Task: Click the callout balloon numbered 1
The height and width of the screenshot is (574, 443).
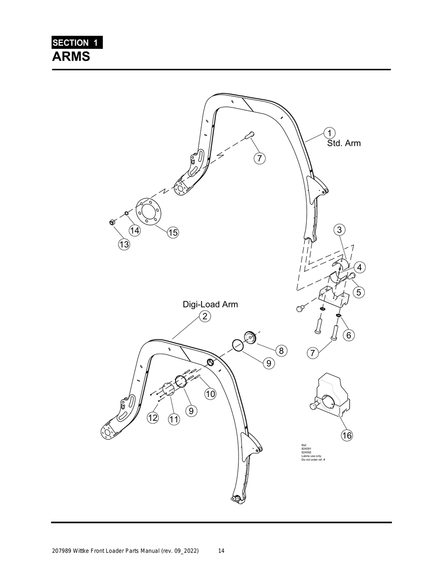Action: click(330, 132)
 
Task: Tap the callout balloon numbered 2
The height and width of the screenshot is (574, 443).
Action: click(205, 316)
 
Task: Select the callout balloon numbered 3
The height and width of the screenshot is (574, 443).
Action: click(340, 229)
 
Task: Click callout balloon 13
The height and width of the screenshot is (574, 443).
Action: click(124, 244)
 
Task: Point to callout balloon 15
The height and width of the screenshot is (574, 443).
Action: click(173, 232)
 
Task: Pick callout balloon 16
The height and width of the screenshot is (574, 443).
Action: click(347, 435)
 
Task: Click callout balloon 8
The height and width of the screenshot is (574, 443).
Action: click(281, 351)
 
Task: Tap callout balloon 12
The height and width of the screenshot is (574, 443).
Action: click(153, 418)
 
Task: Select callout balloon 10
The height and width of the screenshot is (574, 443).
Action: click(210, 394)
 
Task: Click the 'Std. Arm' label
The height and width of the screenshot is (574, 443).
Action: click(343, 143)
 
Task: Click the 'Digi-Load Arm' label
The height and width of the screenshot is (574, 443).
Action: click(210, 304)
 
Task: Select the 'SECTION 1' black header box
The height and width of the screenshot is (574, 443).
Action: click(77, 42)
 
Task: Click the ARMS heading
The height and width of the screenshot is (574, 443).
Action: click(71, 56)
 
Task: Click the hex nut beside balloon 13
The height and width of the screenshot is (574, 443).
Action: click(111, 223)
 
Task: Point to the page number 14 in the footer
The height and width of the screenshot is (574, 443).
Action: click(221, 551)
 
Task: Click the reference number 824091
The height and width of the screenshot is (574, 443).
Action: click(306, 449)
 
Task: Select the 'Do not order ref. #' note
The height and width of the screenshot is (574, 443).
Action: click(313, 459)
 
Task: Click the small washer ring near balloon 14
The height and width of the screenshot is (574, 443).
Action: click(126, 213)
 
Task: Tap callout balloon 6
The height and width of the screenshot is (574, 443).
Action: click(349, 335)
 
